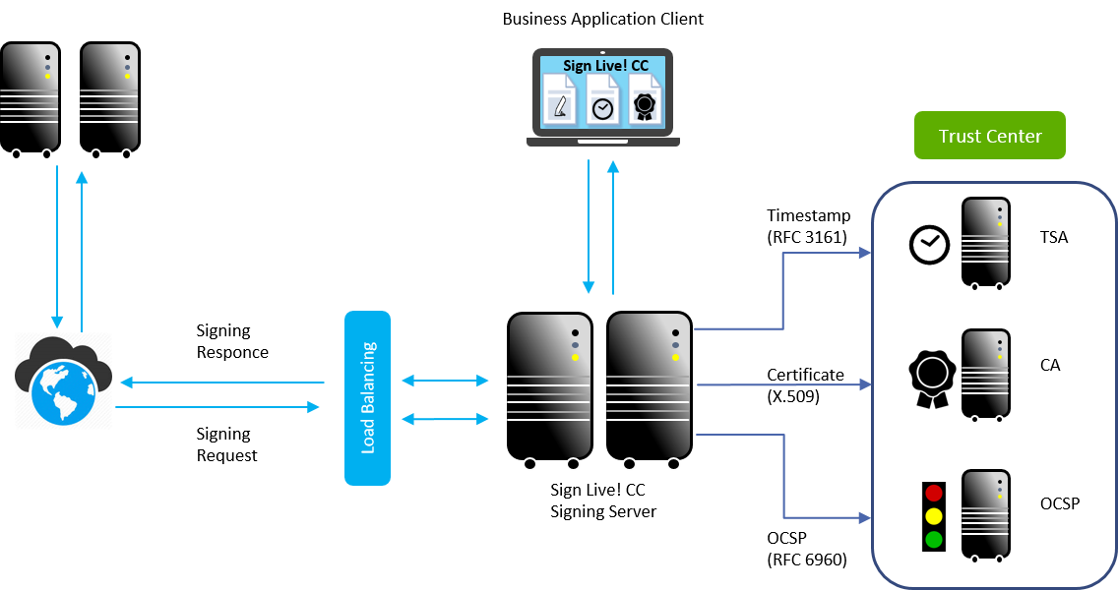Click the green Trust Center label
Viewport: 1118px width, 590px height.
(989, 136)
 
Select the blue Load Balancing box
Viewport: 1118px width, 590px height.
(367, 397)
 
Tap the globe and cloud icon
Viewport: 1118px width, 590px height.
(64, 381)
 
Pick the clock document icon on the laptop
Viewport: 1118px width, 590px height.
(602, 101)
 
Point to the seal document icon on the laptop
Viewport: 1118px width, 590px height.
(644, 101)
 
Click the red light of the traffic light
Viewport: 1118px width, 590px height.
(934, 493)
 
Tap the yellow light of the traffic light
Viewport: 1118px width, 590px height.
(934, 516)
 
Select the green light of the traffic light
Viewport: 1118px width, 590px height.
(934, 539)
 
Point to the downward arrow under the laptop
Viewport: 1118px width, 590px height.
(589, 226)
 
